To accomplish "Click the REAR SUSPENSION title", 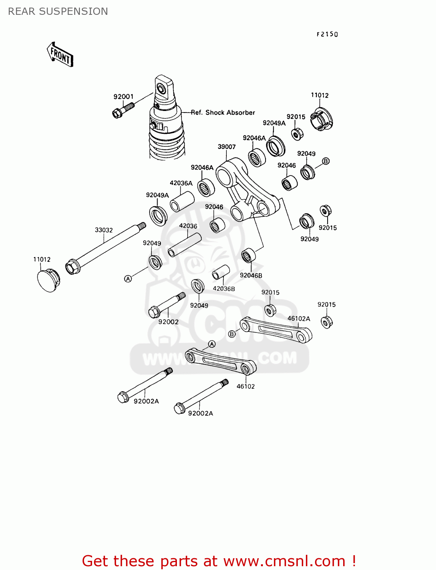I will pos(58,11).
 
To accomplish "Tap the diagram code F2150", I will pos(327,34).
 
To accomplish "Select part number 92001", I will pos(123,97).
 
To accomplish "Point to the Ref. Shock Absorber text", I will pos(223,112).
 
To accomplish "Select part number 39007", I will pos(226,147).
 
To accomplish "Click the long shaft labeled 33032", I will pos(105,247).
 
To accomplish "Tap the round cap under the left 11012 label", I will pos(48,280).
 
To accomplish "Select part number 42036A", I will pos(181,183).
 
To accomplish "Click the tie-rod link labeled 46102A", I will pos(276,330).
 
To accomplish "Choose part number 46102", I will pos(245,386).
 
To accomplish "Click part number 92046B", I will pos(251,275).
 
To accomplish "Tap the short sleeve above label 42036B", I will pos(221,272).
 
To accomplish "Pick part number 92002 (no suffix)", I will pos(168,322).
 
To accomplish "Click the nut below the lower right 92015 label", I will pos(326,322).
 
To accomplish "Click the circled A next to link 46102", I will pos(212,344).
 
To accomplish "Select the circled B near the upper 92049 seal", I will pos(326,161).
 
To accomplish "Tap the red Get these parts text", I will pos(219,561).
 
